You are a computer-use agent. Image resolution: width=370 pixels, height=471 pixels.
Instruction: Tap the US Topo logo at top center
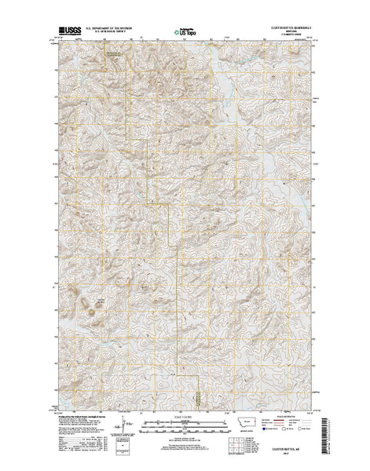click(185, 33)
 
